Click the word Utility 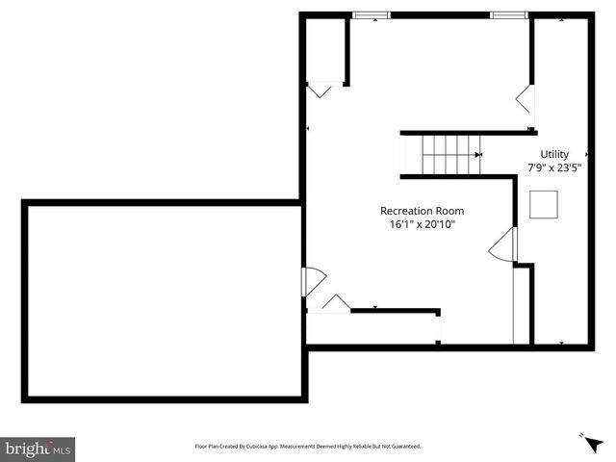(554, 154)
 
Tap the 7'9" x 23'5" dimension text (554, 167)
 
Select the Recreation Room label (422, 211)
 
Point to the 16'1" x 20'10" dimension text (422, 224)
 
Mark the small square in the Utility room (544, 204)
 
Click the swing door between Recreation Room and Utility (503, 246)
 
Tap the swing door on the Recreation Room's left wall (313, 281)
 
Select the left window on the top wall (371, 15)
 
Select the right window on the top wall (508, 15)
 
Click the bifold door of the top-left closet (320, 90)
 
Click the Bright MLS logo (38, 449)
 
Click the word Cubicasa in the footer (262, 447)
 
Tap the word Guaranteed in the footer (401, 447)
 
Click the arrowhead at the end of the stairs (478, 154)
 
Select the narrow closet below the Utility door (522, 305)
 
